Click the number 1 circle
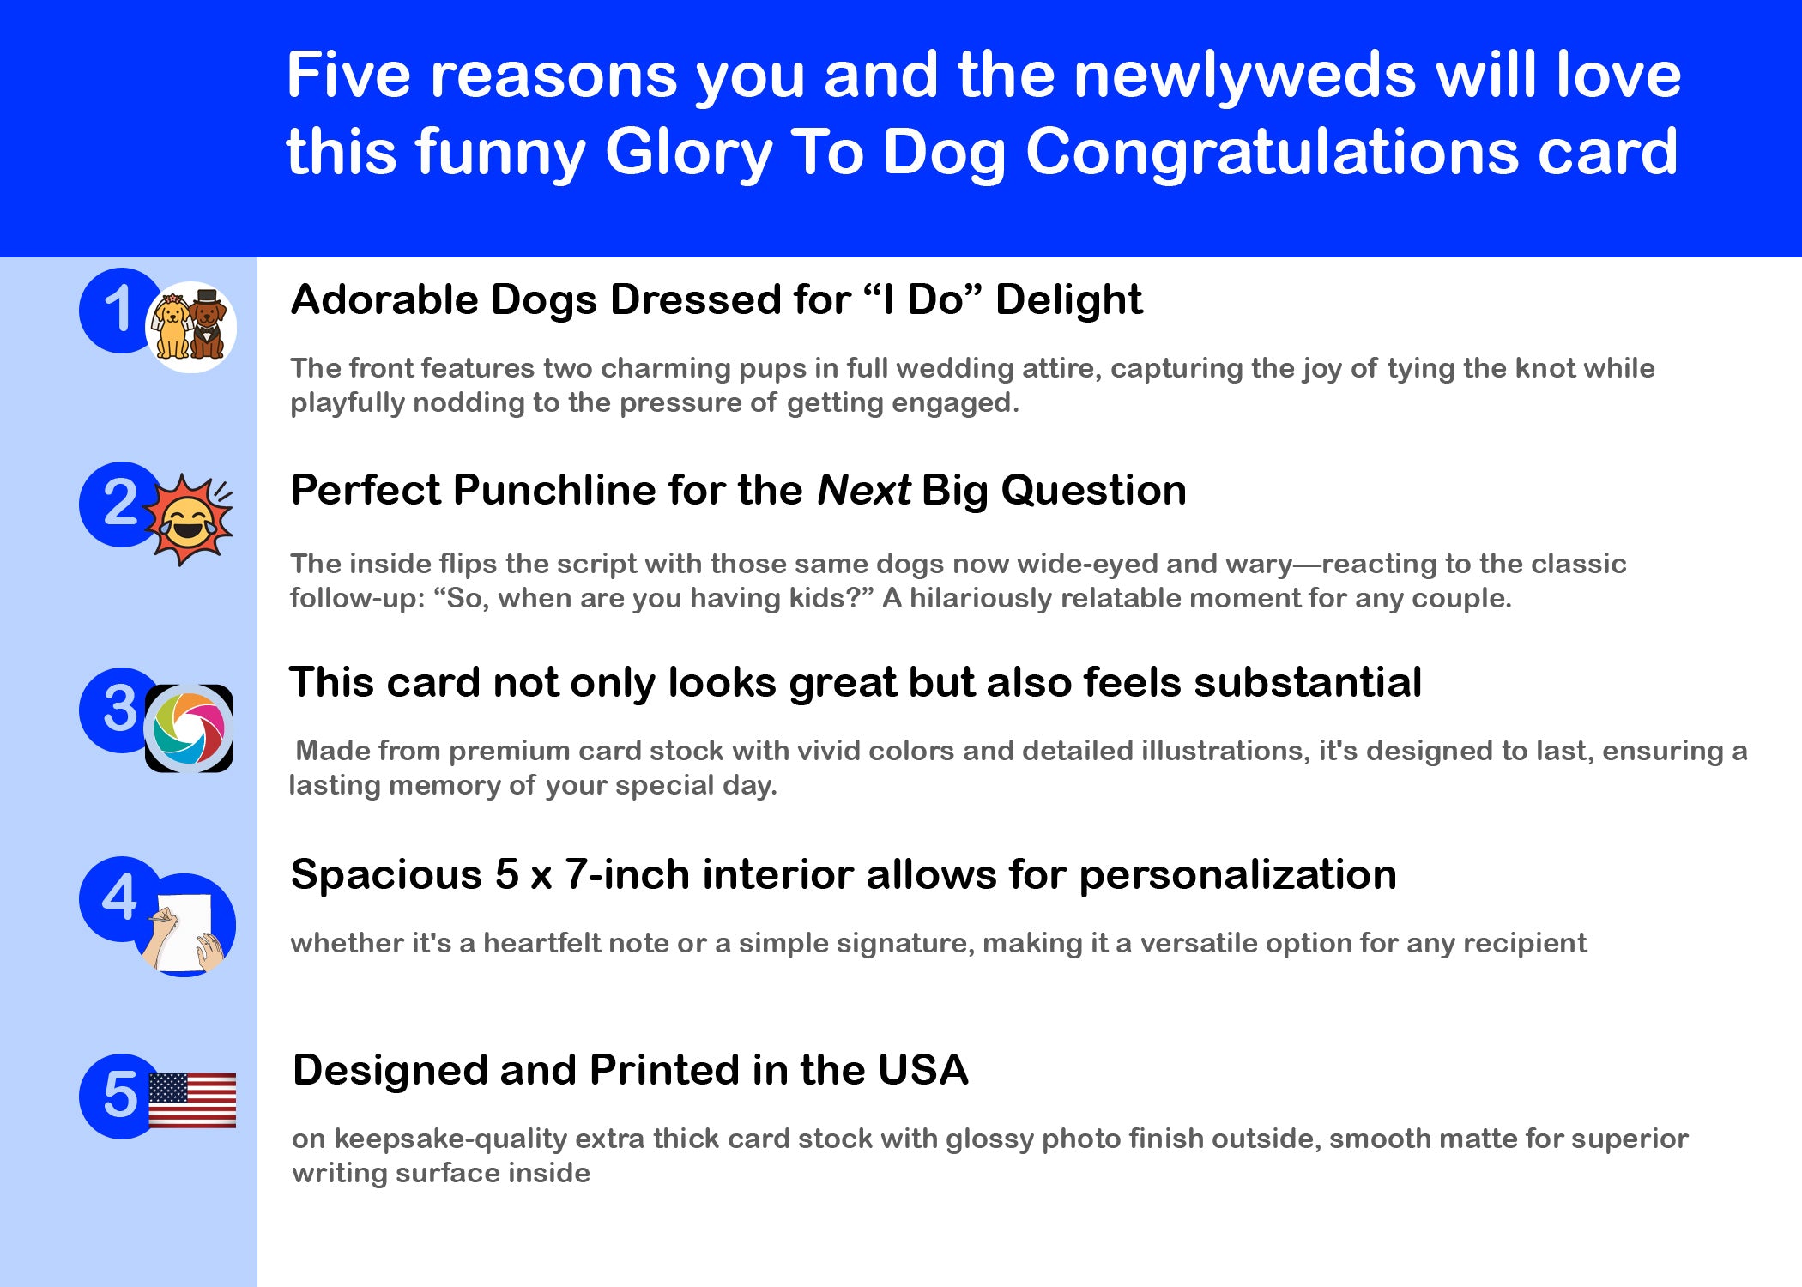tap(120, 310)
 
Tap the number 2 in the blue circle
tap(120, 504)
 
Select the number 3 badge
tap(120, 710)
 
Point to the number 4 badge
tap(120, 898)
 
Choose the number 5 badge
tap(120, 1096)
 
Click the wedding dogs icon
tap(190, 327)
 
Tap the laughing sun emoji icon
tap(188, 519)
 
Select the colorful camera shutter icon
tap(189, 728)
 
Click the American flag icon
tap(192, 1100)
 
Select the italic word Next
tap(863, 491)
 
